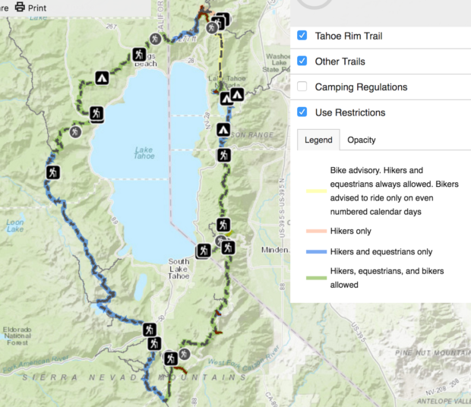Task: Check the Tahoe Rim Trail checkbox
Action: click(302, 36)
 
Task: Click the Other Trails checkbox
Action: click(302, 62)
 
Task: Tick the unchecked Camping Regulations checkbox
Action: click(302, 87)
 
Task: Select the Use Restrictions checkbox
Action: click(302, 112)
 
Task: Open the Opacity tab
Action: click(361, 140)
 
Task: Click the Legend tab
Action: click(318, 140)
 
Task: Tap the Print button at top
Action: click(30, 8)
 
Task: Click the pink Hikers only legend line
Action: click(315, 231)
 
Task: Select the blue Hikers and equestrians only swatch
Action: click(315, 251)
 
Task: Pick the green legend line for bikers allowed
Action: click(315, 278)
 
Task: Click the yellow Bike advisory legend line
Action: click(315, 191)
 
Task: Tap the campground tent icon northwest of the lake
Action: click(101, 77)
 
